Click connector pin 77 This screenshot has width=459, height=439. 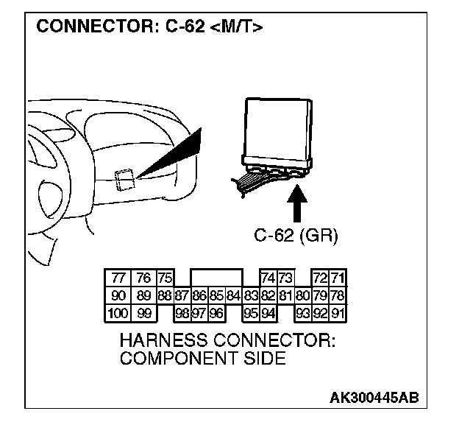pos(118,278)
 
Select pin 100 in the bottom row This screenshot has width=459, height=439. pos(118,312)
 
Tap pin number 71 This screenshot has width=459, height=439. pos(338,278)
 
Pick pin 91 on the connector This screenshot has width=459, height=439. pos(338,312)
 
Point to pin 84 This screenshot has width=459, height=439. pos(234,295)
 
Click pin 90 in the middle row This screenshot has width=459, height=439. pos(118,295)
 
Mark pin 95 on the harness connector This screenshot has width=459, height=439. pos(251,312)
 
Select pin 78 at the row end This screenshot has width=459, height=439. pos(338,295)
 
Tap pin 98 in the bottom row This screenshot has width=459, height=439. pos(182,312)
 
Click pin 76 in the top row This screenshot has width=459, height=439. pos(143,278)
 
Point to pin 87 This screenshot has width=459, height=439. pos(182,295)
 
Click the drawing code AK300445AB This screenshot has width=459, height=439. pos(374,398)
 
